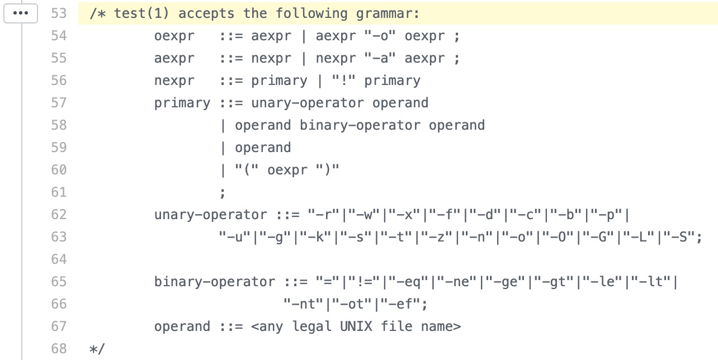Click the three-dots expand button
coord(20,13)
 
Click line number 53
coord(59,13)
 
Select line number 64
coord(59,259)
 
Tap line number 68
coord(59,349)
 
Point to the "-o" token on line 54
coord(380,36)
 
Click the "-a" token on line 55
coord(380,58)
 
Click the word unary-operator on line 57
coord(308,103)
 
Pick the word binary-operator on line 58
coord(360,125)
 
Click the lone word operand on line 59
coord(263,148)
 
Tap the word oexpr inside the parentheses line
coord(287,170)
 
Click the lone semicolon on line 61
coord(223,192)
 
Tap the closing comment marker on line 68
coord(97,349)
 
